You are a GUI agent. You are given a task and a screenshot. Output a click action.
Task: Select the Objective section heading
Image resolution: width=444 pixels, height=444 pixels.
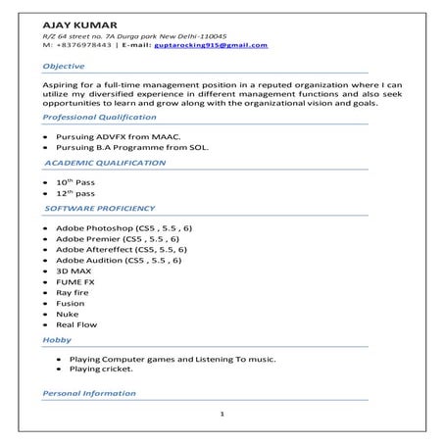64,66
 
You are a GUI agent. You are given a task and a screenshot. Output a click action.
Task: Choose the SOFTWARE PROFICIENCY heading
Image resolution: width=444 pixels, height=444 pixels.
100,208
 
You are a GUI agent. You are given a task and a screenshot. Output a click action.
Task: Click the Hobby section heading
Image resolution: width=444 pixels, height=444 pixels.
57,339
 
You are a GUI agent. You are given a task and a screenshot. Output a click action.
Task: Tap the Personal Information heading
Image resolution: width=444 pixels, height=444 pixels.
89,392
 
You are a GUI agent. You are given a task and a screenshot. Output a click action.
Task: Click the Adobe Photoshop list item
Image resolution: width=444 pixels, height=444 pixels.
123,227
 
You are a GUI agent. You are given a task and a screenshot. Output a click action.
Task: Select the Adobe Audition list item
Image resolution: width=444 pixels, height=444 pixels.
119,261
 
